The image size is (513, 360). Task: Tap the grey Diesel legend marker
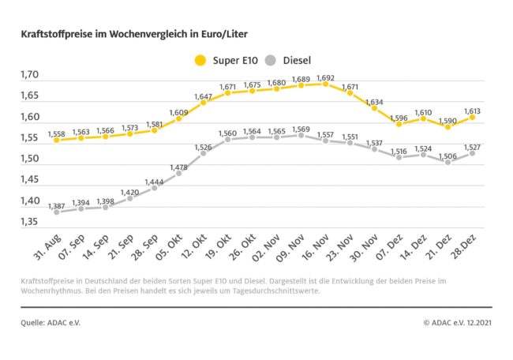click(x=270, y=59)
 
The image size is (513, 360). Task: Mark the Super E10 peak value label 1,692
click(x=325, y=78)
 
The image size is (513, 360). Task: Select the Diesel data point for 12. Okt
click(x=203, y=153)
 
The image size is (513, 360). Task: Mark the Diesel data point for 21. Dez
click(x=447, y=162)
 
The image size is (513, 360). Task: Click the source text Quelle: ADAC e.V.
click(x=51, y=322)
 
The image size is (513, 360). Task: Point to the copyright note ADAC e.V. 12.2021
click(x=457, y=322)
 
